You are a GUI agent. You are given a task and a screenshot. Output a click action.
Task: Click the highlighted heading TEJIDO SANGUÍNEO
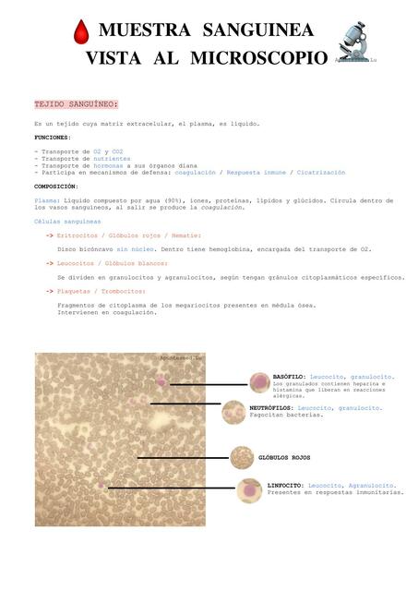click(x=76, y=104)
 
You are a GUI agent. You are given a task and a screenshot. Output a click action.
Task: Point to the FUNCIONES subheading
click(x=52, y=137)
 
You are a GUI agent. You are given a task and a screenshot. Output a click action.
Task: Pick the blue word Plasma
click(x=46, y=199)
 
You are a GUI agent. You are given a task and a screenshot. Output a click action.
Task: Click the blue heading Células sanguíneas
click(x=67, y=222)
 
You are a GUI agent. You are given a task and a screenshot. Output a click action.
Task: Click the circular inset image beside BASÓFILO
click(x=260, y=382)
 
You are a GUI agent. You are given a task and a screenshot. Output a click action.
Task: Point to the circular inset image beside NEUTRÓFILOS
click(x=233, y=411)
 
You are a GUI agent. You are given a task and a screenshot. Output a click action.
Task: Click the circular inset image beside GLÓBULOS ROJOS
click(x=242, y=457)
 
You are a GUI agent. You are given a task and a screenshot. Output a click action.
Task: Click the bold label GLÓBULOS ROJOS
click(x=284, y=457)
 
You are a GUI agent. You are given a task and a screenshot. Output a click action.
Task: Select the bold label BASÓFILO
click(x=290, y=377)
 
